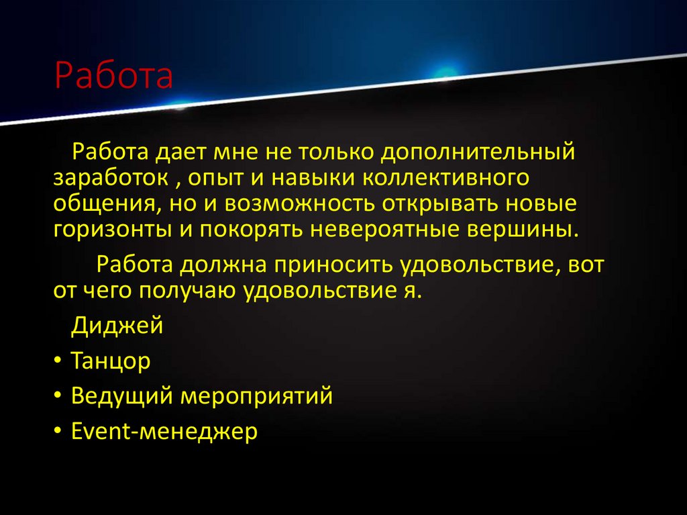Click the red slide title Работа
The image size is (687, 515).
coord(113,77)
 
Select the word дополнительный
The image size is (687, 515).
coord(478,152)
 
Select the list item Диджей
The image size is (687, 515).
coord(117,326)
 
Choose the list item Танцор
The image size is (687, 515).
coord(111,361)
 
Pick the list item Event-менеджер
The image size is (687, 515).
coord(164,431)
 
